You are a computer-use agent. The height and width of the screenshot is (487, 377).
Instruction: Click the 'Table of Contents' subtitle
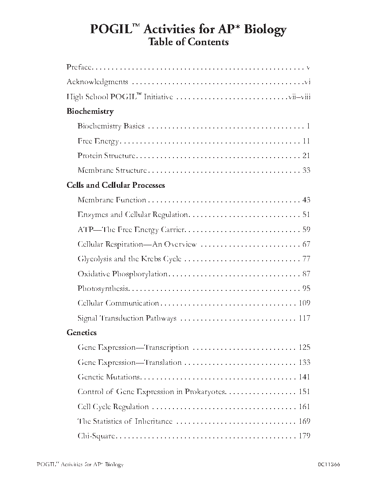tap(188, 42)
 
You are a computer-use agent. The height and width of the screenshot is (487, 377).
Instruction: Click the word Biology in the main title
tap(265, 29)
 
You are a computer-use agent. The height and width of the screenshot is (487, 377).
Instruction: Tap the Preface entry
tap(79, 67)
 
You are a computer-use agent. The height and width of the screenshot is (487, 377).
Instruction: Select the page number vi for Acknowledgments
tap(307, 82)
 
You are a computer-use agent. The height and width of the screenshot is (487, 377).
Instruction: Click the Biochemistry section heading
tap(90, 111)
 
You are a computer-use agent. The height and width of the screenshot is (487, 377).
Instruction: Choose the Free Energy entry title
tap(98, 141)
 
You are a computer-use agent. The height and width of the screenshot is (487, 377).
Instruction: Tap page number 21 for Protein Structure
tap(306, 156)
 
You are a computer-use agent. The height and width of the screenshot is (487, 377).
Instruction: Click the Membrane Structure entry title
tap(112, 170)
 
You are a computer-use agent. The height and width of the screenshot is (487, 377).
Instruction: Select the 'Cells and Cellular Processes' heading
tap(116, 185)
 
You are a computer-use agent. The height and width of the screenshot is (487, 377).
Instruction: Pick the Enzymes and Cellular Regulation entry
tap(133, 215)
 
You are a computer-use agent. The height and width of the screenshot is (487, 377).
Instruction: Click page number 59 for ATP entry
tap(306, 230)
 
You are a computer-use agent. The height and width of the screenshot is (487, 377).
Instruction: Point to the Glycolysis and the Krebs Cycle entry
tap(129, 259)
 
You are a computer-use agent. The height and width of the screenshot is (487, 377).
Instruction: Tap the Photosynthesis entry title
tap(103, 289)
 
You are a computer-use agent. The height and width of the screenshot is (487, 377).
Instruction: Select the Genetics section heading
tap(82, 332)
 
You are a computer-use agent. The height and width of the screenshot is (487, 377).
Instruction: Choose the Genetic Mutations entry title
tap(109, 377)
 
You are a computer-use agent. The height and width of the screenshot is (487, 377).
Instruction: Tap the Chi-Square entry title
tap(96, 436)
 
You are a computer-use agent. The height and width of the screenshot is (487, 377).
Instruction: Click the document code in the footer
tap(329, 464)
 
